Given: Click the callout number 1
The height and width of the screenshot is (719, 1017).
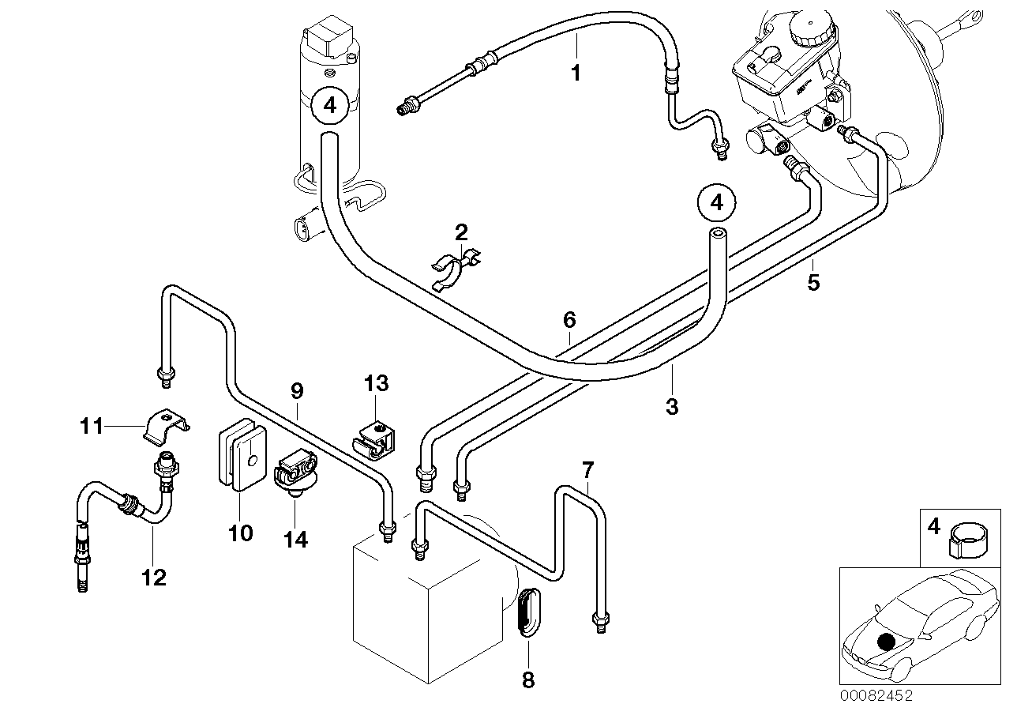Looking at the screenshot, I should coord(576,73).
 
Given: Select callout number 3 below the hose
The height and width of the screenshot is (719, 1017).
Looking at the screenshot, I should coord(671,407).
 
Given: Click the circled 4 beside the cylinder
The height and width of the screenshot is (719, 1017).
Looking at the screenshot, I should coord(329,105).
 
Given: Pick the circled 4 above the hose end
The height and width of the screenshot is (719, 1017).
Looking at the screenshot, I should coord(715,202).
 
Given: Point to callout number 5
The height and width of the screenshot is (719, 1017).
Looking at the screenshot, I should coord(814,282).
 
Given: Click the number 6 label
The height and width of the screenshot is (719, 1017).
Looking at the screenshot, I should coord(569,320).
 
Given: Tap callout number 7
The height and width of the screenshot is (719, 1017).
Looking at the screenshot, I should coord(587,470).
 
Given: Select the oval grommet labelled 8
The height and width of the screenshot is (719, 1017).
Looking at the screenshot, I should coord(527,612).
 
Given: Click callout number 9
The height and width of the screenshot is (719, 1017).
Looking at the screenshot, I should coord(297,390).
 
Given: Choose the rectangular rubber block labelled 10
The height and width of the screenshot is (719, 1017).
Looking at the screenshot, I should coord(237,456).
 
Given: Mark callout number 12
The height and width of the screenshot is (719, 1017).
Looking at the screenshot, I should coord(154,578).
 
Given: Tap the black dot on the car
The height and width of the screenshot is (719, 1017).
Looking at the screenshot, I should coord(886,642).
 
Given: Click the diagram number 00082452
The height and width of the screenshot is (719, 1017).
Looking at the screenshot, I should coord(876,696).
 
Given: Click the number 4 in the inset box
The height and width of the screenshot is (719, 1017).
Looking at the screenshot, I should coord(934,525).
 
